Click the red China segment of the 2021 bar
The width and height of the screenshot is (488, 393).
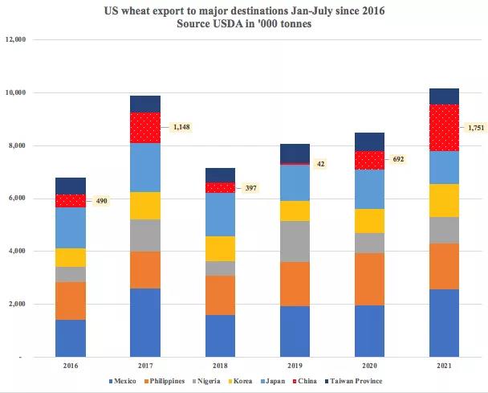(x=445, y=127)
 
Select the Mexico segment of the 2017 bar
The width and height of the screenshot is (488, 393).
(x=145, y=321)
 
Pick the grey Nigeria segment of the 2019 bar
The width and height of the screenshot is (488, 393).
(x=295, y=241)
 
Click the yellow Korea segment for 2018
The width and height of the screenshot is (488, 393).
(x=220, y=248)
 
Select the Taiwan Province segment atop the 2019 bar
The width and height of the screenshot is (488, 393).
(x=295, y=153)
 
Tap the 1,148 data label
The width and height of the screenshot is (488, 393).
(x=181, y=127)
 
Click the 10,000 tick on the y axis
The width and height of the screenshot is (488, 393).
(x=16, y=92)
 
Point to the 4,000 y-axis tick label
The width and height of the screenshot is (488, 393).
(x=18, y=252)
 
